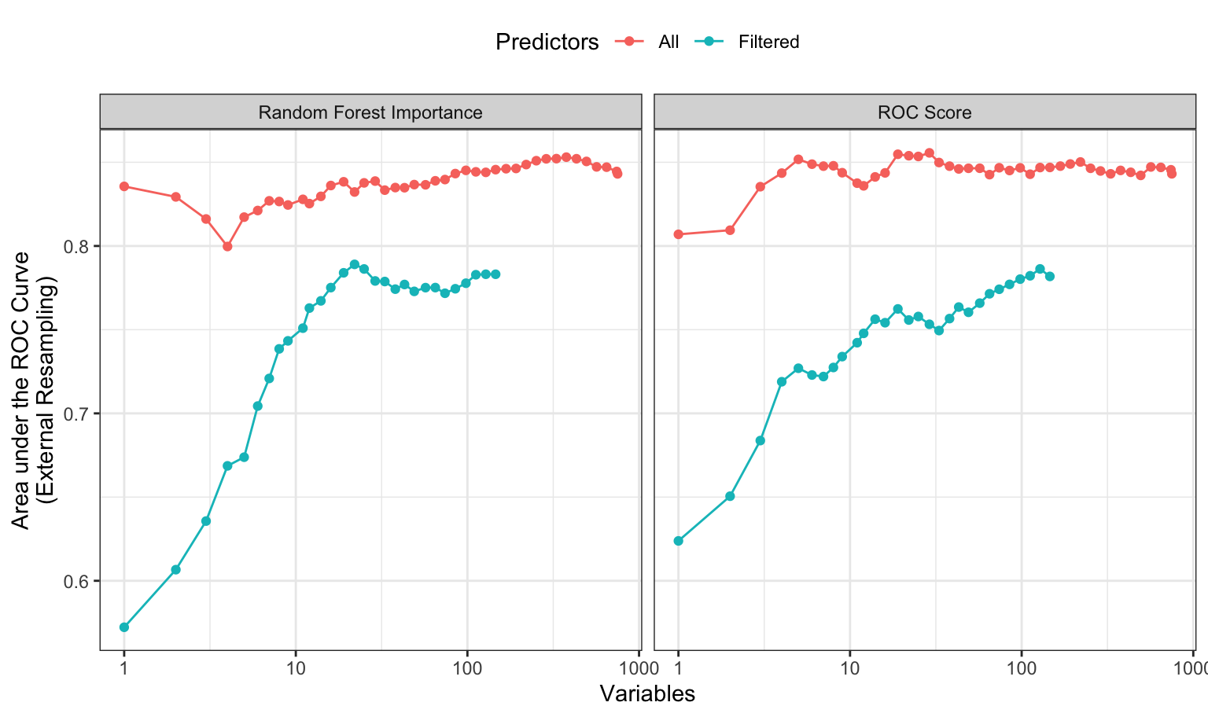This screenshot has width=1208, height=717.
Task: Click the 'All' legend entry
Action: point(668,42)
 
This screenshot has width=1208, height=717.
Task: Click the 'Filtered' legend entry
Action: point(768,42)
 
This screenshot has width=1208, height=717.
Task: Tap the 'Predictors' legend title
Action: point(547,42)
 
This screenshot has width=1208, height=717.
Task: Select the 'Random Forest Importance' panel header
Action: point(370,112)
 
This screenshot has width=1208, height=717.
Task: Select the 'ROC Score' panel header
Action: point(924,112)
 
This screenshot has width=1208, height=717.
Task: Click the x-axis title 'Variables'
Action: point(647,693)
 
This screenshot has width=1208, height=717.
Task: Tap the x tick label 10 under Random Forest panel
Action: point(296,669)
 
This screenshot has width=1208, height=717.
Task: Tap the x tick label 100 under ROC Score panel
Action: point(1021,669)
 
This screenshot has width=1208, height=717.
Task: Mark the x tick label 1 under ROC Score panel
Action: point(678,669)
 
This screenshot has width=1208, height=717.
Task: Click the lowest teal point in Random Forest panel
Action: point(123,627)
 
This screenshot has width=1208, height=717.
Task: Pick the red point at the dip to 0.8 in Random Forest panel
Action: point(227,246)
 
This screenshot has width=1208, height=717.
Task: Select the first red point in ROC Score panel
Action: point(678,234)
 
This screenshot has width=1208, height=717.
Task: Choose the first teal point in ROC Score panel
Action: point(678,541)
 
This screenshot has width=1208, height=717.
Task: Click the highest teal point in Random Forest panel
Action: point(355,264)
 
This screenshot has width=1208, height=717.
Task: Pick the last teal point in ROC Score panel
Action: point(1049,276)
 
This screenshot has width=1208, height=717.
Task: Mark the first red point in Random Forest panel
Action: point(123,186)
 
